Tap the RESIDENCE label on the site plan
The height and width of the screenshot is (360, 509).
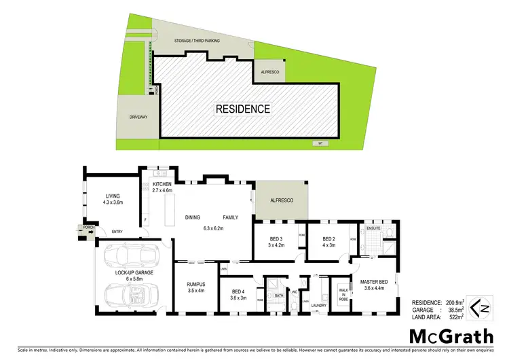point(243,109)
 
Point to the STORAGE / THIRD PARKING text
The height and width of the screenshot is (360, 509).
point(197,41)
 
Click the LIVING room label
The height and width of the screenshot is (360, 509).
point(103,198)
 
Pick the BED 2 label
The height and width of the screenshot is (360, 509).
point(329,242)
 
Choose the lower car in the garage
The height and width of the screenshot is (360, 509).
point(132,293)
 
